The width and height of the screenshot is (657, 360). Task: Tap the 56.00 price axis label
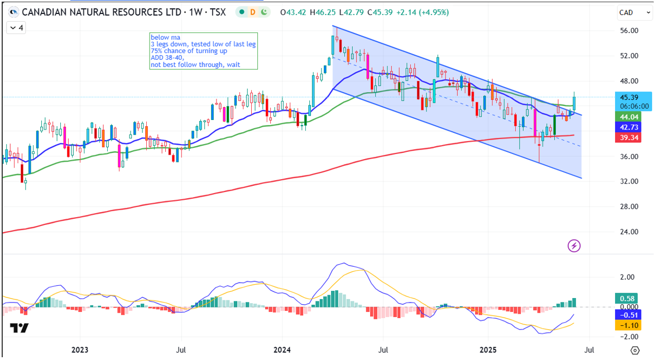tap(630, 31)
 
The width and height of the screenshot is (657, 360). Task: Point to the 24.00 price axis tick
tap(630, 232)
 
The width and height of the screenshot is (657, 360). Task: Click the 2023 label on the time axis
tap(79, 350)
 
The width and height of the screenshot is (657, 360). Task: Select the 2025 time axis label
tap(488, 350)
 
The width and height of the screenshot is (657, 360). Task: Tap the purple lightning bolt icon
tap(574, 245)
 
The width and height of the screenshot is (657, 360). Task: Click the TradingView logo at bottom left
tap(19, 328)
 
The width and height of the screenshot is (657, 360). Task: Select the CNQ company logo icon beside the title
tap(13, 12)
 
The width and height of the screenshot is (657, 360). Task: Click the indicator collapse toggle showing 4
tap(16, 27)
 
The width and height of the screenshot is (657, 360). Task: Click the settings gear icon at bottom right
tap(635, 350)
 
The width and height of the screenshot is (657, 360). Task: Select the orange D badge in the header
tap(252, 12)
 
